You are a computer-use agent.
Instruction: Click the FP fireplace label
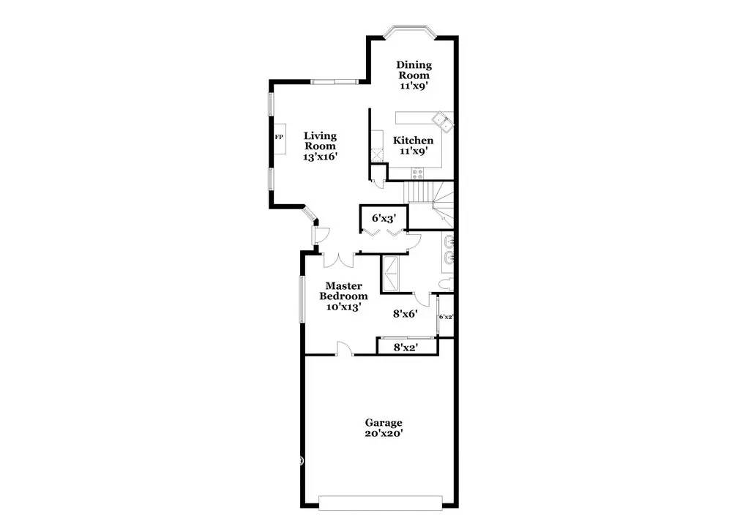tap(278, 137)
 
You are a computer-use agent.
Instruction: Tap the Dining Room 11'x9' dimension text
tap(414, 86)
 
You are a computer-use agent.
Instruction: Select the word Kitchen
tap(413, 141)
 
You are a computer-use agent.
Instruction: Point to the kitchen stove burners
tap(417, 173)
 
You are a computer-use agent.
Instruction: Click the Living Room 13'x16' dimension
tap(321, 157)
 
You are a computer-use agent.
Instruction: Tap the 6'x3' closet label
tap(384, 217)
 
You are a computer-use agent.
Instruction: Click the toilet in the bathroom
tap(445, 285)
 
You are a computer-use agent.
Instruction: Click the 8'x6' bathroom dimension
tap(405, 314)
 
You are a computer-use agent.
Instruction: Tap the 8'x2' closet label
tap(405, 347)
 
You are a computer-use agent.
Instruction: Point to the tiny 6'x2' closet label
tap(446, 317)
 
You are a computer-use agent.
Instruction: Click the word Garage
tap(384, 423)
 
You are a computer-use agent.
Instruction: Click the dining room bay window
tap(410, 31)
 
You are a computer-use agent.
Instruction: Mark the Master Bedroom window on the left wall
tap(302, 299)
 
